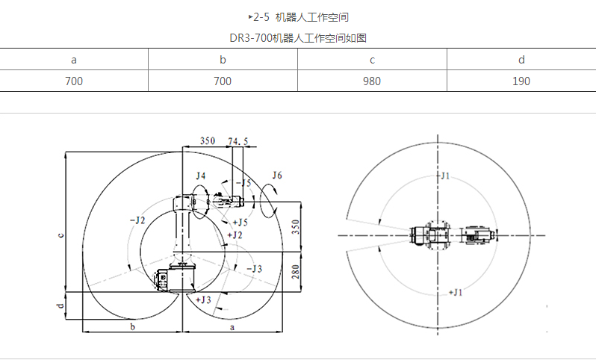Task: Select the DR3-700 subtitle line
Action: click(x=299, y=37)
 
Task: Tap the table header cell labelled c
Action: click(x=372, y=60)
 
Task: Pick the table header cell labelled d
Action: click(x=521, y=60)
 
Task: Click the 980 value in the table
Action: click(x=372, y=81)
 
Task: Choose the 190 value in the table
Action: click(x=521, y=81)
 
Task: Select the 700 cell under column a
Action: click(x=74, y=81)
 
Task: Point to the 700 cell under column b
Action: click(x=223, y=81)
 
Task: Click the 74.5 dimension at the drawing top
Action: click(x=238, y=140)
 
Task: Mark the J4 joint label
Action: click(x=199, y=176)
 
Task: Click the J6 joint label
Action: click(x=277, y=176)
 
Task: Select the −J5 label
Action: click(x=243, y=183)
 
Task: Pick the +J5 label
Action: click(x=240, y=222)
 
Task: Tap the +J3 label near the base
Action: click(x=202, y=299)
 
